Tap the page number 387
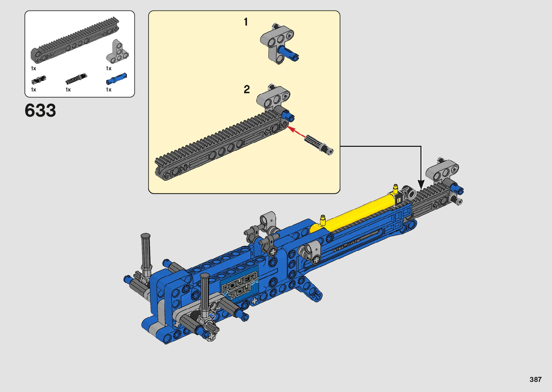coord(535,379)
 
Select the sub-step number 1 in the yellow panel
coord(246,22)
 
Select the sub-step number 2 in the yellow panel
coord(247,89)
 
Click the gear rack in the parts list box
coord(75,40)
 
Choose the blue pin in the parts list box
coord(116,78)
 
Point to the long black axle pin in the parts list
coord(76,78)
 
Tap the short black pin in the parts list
coord(39,80)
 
